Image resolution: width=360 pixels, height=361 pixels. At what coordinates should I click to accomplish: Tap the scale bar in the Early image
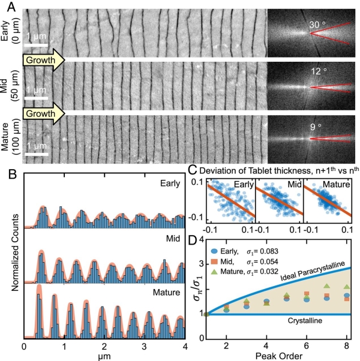[37, 43]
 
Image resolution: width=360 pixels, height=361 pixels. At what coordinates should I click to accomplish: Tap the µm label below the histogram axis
[104, 356]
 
